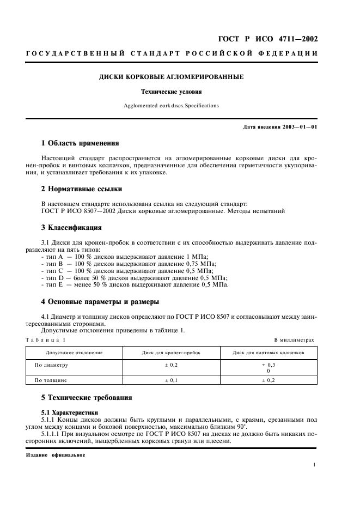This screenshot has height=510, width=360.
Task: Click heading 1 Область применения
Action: click(80, 143)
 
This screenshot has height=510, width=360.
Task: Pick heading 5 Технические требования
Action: click(87, 398)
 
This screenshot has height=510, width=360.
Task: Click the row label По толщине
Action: click(51, 380)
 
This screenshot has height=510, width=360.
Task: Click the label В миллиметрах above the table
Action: click(294, 339)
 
